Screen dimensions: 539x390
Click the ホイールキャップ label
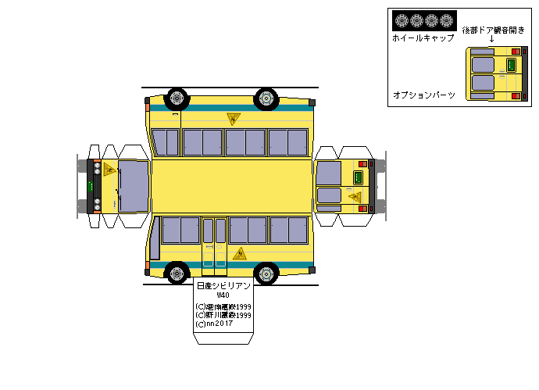coord(423,38)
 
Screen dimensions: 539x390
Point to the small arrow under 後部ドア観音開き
coord(491,38)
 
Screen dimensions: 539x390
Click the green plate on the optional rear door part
coord(512,65)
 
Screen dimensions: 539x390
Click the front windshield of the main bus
coord(133,187)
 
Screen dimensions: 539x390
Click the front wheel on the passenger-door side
coord(177,272)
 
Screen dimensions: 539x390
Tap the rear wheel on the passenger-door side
coord(267,272)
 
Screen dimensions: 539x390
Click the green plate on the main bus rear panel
coord(361,176)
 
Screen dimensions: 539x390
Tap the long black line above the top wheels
coord(230,88)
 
